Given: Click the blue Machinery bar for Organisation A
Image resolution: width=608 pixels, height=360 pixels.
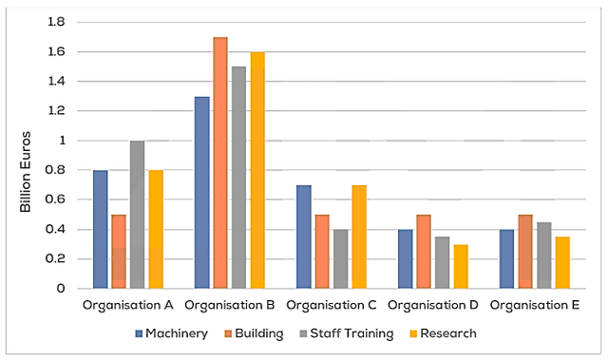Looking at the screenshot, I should pyautogui.click(x=101, y=229).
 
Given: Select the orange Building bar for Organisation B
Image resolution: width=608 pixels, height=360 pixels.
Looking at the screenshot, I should pyautogui.click(x=220, y=162).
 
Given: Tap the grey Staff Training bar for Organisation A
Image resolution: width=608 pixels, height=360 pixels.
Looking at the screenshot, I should pyautogui.click(x=138, y=215).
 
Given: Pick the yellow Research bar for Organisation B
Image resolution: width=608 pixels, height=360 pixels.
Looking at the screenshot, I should pyautogui.click(x=257, y=170).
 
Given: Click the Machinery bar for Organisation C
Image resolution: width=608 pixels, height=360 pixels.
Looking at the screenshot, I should pyautogui.click(x=304, y=237).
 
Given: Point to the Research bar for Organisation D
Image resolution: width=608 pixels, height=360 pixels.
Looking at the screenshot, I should pyautogui.click(x=461, y=266).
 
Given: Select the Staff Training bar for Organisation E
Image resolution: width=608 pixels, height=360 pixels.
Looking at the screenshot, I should pyautogui.click(x=544, y=255).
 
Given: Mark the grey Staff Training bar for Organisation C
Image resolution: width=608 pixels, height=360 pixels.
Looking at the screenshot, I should pyautogui.click(x=341, y=258).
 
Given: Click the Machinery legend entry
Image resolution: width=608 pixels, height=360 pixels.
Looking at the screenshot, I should pyautogui.click(x=170, y=333).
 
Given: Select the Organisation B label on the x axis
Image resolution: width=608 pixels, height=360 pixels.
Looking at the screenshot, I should pyautogui.click(x=230, y=306).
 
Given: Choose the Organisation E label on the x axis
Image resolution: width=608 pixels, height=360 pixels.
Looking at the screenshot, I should pyautogui.click(x=535, y=306).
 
